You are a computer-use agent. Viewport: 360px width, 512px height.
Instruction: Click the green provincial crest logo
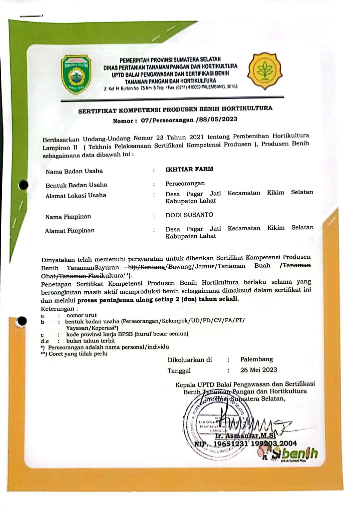76,74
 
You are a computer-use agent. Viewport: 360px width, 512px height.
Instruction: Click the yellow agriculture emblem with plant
265,71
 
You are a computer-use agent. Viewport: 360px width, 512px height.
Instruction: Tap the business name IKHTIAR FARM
189,169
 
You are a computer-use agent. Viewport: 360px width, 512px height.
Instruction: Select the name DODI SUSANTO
189,215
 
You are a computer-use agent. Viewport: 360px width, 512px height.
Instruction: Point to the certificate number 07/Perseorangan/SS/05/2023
189,119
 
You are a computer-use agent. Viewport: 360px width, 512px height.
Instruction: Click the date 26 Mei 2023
258,370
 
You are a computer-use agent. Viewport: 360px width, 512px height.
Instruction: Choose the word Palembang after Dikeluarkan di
256,359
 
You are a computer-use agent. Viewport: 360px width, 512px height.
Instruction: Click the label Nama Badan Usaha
74,172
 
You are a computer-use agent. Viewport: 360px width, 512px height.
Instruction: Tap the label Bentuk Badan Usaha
76,185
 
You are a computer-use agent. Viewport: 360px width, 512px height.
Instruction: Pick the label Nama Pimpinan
68,217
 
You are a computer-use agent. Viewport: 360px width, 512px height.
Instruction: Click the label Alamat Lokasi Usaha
76,196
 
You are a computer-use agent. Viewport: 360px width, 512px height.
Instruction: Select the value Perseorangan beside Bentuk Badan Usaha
185,184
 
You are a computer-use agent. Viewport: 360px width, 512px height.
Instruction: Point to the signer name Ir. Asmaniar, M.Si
245,436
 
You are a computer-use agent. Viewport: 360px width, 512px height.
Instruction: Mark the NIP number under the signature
245,444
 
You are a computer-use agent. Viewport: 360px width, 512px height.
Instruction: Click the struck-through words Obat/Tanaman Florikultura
82,276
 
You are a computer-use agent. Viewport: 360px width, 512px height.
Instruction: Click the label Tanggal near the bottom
179,371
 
